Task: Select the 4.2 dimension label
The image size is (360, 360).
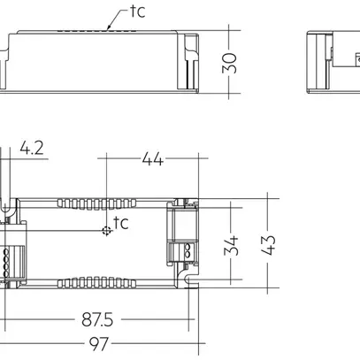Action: [x=33, y=149]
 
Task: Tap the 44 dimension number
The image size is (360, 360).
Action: [x=152, y=159]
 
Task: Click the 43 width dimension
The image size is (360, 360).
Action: [x=269, y=242]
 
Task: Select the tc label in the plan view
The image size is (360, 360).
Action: [x=121, y=222]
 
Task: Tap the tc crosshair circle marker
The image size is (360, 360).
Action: [x=107, y=232]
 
